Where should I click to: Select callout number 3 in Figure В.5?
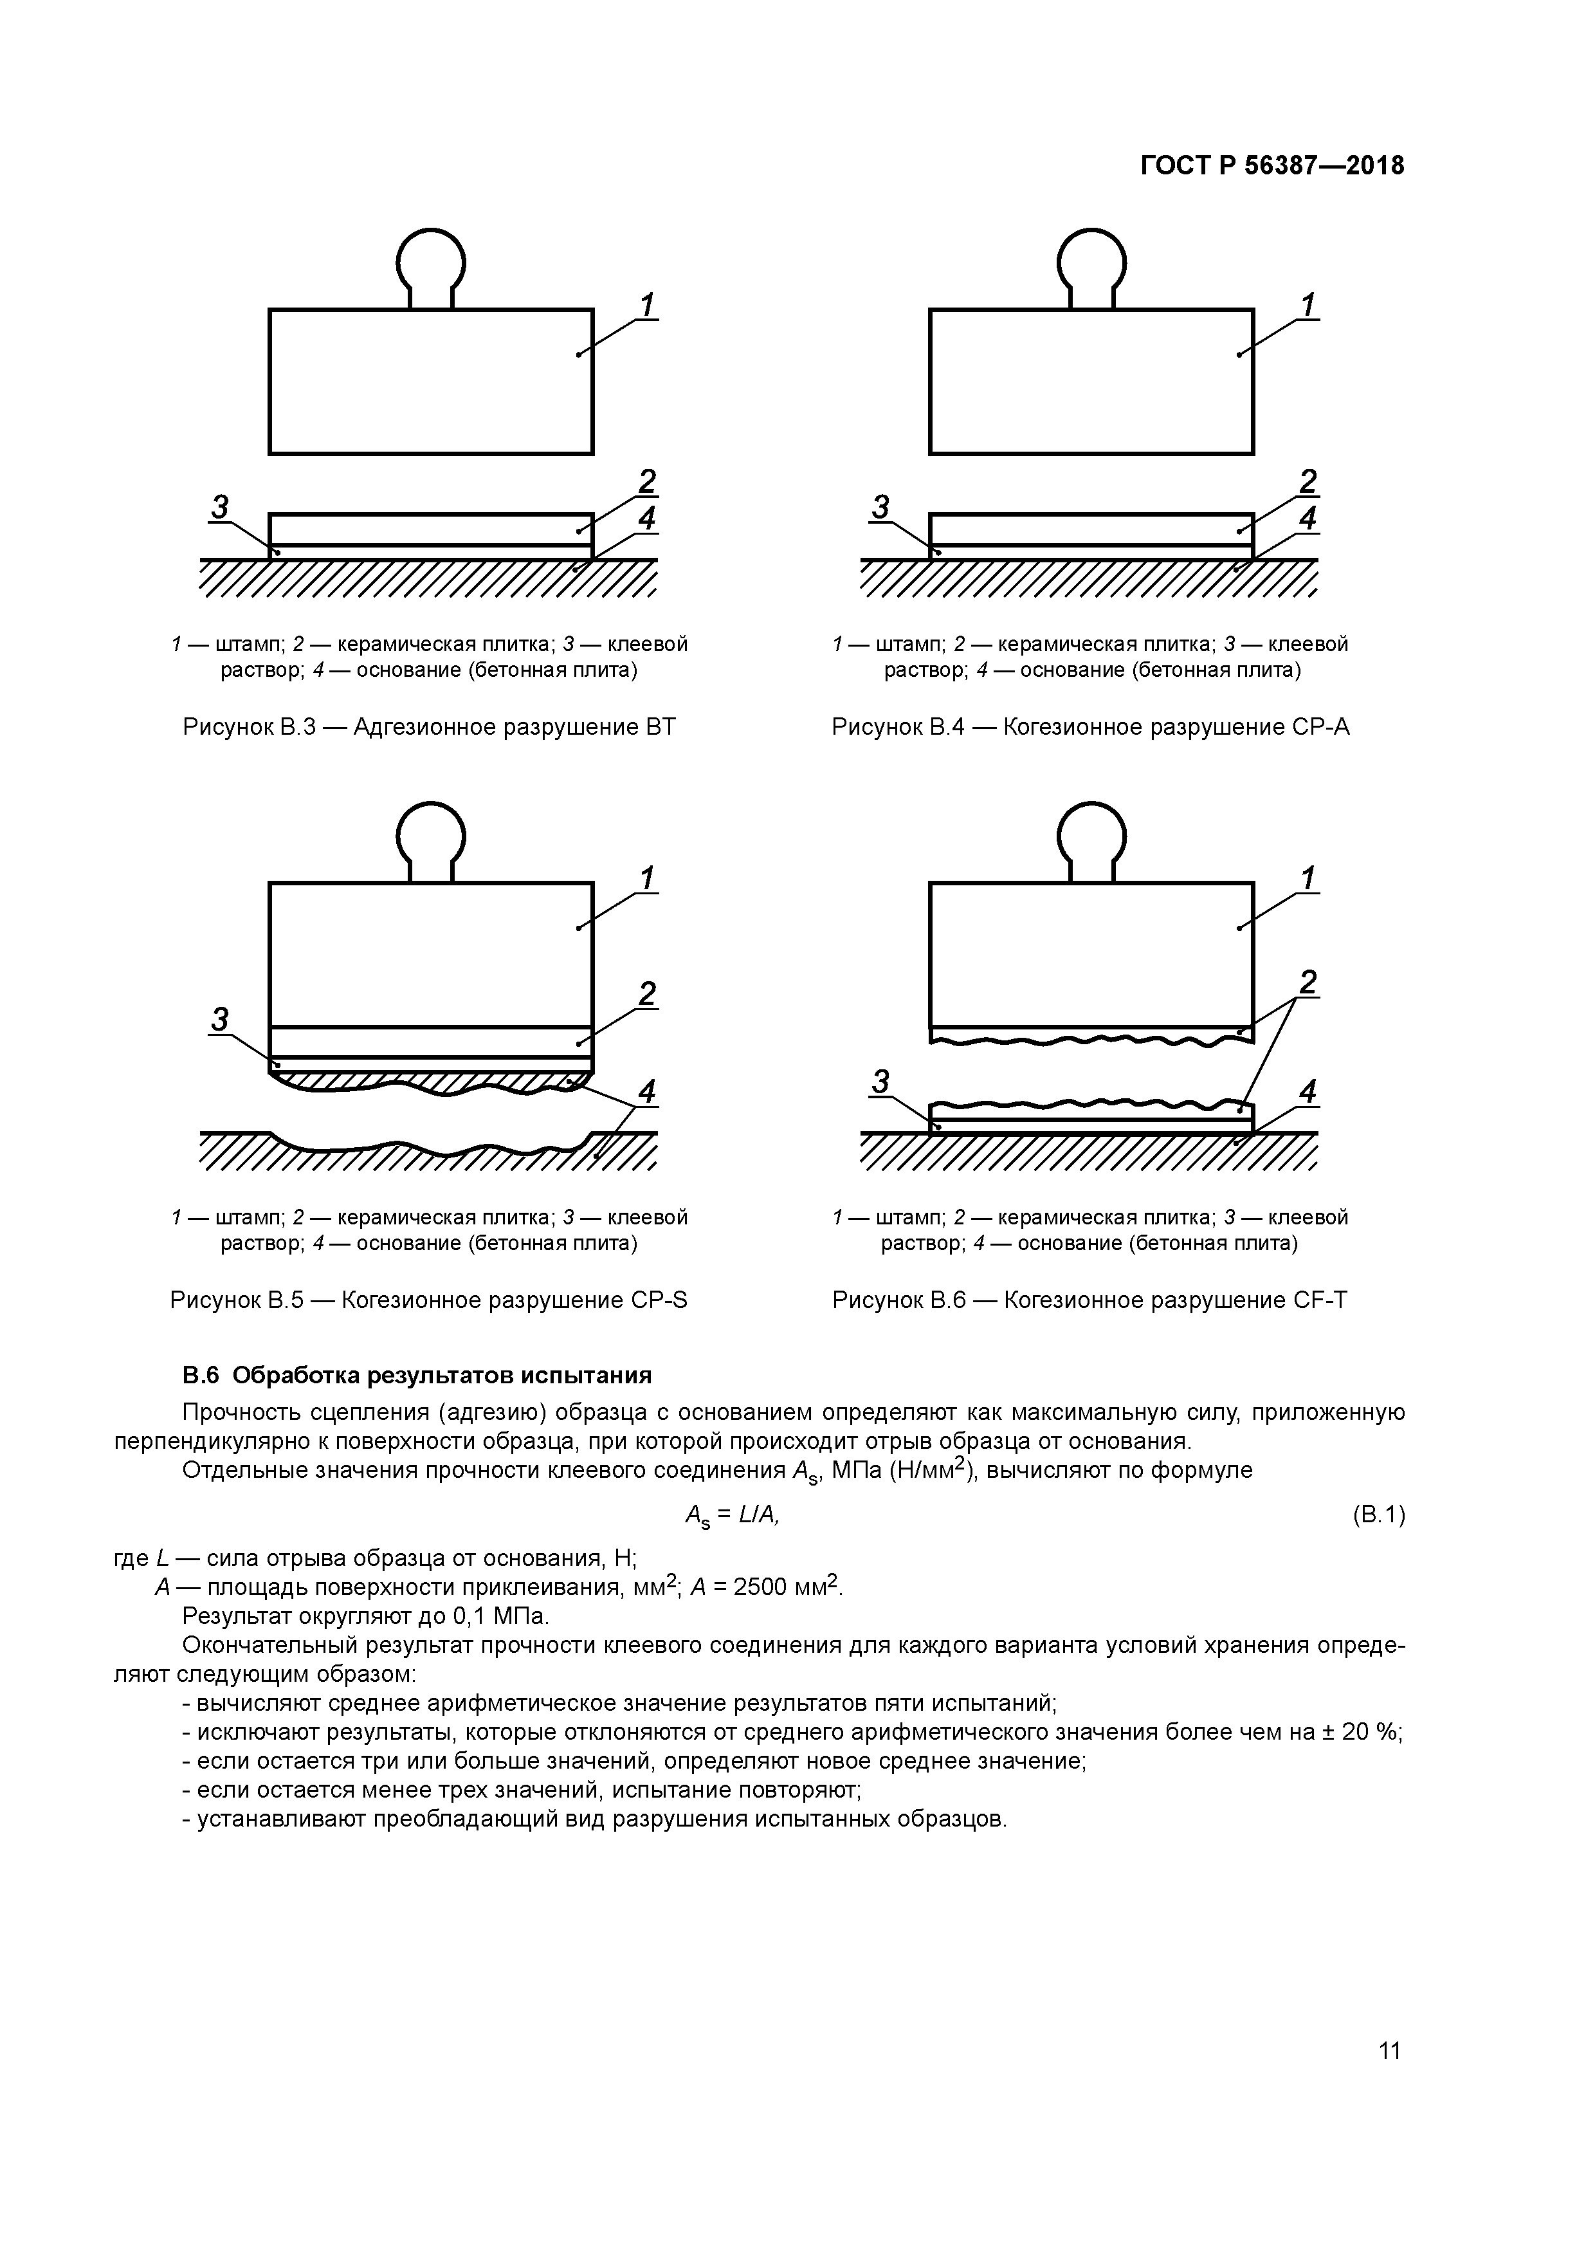(220, 1019)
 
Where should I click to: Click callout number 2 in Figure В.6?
(1308, 982)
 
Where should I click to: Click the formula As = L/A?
(731, 1516)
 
